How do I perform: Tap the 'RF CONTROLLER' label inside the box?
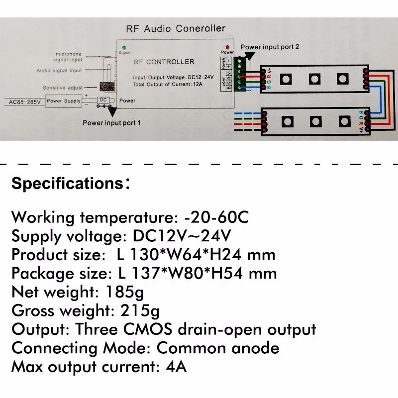pos(164,62)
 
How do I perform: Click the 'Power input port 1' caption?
pos(112,122)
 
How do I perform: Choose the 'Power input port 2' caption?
pos(270,47)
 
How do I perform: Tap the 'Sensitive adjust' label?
pos(62,87)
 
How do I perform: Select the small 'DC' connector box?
pos(103,100)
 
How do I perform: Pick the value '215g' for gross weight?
pos(140,311)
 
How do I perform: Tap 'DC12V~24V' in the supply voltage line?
pos(183,236)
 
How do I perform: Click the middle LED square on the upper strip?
pos(314,78)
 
